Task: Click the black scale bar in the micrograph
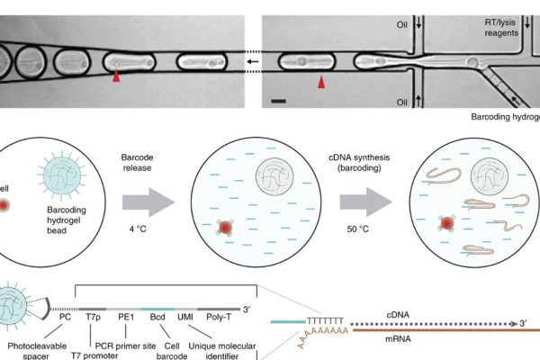click(278, 101)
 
